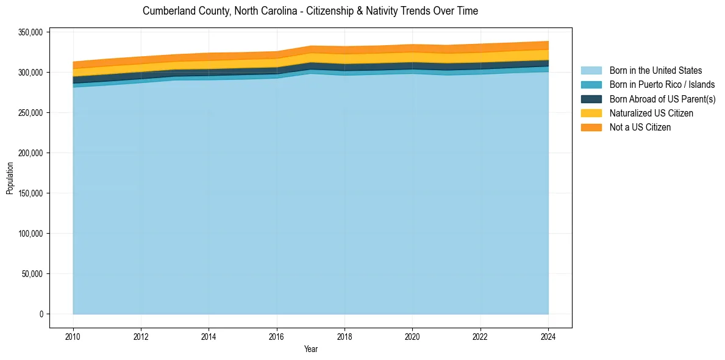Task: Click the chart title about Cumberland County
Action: (x=310, y=11)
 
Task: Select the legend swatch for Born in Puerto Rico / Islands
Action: (x=591, y=85)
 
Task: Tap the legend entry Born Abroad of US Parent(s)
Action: (x=662, y=99)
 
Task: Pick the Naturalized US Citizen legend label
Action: (x=651, y=113)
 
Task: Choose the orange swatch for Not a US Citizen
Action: (x=591, y=128)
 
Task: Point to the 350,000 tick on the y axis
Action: (x=32, y=32)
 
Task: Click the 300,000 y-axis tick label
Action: (x=32, y=73)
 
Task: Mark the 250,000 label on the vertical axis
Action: (x=32, y=113)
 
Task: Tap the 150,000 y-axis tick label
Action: (x=32, y=193)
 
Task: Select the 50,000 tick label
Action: (x=34, y=274)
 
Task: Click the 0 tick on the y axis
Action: (x=42, y=314)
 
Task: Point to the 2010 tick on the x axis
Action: (x=73, y=336)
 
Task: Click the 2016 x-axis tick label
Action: (x=277, y=336)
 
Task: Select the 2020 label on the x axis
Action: (x=413, y=336)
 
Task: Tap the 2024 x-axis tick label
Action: (x=548, y=336)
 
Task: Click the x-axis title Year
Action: (x=310, y=349)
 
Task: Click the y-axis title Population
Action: (x=10, y=178)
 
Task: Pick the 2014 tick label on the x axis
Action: (x=209, y=336)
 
